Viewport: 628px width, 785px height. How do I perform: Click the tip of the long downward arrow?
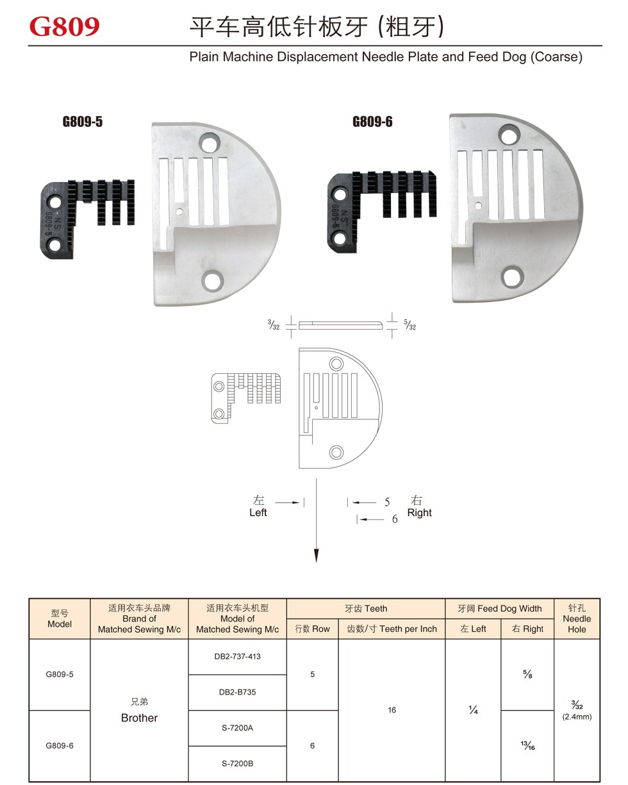click(x=317, y=562)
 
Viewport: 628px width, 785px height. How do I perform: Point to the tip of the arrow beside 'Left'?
click(x=300, y=503)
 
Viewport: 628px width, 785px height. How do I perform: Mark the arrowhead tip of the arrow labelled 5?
click(x=352, y=503)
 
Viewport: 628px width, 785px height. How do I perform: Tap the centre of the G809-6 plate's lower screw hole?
click(x=511, y=277)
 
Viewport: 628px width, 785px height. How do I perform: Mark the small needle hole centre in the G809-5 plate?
click(x=179, y=212)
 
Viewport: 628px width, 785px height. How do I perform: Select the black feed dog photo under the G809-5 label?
click(x=87, y=219)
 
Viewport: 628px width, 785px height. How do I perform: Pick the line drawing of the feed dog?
click(x=246, y=398)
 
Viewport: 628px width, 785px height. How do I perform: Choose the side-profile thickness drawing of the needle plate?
click(x=340, y=325)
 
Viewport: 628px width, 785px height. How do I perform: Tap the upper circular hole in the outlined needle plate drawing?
click(x=336, y=364)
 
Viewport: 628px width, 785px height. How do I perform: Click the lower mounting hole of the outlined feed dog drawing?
click(x=219, y=414)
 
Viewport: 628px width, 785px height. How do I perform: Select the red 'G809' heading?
click(x=64, y=26)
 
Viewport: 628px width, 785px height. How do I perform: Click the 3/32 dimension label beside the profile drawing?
click(x=274, y=325)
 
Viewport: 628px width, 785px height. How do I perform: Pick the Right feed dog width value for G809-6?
click(x=527, y=745)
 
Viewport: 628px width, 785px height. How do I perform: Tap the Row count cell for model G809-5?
click(x=312, y=674)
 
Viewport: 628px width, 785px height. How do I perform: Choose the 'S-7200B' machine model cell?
click(x=237, y=763)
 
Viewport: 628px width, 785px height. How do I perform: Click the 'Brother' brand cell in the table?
click(x=139, y=710)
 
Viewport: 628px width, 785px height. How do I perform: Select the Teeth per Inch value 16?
click(x=392, y=710)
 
